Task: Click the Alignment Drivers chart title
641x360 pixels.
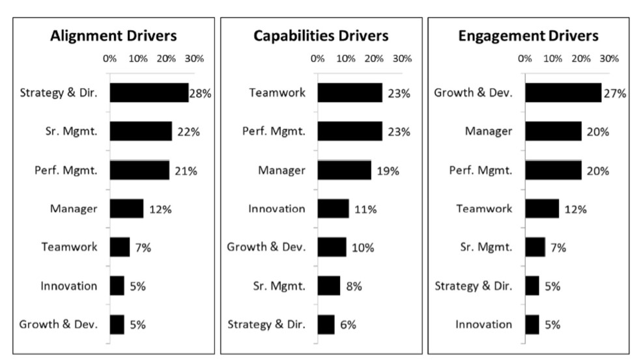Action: pos(113,35)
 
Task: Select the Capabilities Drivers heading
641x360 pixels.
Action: pos(320,35)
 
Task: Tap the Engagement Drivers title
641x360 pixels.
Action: pos(528,35)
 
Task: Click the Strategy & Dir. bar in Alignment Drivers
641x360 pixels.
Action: pos(149,93)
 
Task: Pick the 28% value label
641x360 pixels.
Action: pos(200,94)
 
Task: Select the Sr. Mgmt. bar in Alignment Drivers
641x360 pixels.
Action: pos(140,132)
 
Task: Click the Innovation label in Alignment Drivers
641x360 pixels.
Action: pos(68,286)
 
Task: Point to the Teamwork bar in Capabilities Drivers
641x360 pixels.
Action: pos(349,93)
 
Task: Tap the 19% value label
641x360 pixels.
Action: pos(386,171)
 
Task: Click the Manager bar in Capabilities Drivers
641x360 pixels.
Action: pos(344,171)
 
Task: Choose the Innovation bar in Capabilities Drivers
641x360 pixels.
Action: pos(333,209)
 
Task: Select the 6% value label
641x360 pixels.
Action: pos(348,325)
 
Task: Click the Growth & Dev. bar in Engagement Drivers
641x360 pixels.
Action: pos(563,93)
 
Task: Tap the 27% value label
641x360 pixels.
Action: pos(614,94)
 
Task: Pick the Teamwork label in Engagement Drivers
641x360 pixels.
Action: pos(484,209)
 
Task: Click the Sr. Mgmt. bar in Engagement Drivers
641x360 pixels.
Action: pos(535,247)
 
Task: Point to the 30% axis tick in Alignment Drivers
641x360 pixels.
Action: pos(194,59)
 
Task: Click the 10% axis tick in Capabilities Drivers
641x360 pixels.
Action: pos(345,59)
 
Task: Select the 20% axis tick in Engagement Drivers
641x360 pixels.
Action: pos(580,59)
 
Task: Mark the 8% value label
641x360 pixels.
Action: pos(354,286)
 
